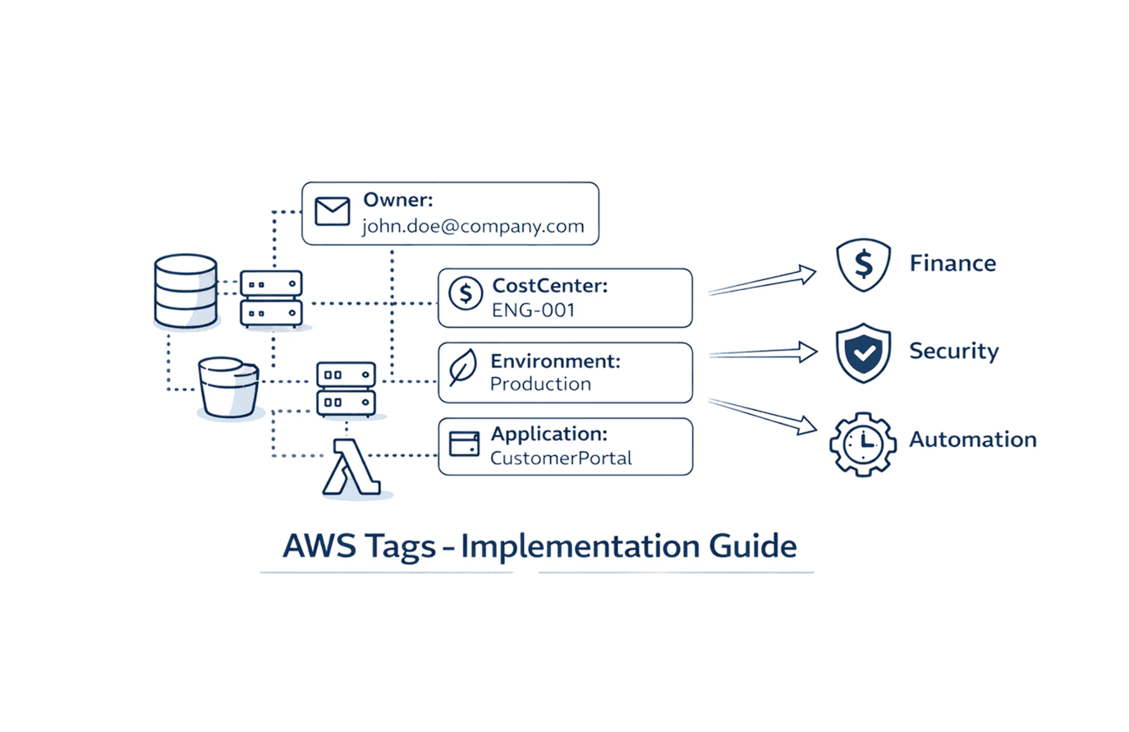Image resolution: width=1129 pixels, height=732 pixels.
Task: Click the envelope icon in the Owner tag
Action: click(333, 212)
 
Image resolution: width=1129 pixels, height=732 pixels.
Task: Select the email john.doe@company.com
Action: click(474, 227)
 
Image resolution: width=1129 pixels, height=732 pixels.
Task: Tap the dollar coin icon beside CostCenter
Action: click(466, 292)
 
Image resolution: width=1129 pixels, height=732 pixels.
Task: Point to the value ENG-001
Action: click(534, 310)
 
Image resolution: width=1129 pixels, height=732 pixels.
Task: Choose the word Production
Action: click(540, 384)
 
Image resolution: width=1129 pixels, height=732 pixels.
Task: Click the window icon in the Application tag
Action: click(465, 444)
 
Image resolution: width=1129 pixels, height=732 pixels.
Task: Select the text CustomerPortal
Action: click(561, 458)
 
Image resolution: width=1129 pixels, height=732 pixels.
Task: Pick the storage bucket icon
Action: click(229, 387)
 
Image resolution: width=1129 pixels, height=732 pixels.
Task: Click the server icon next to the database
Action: click(271, 299)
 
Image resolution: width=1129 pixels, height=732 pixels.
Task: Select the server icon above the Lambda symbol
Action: click(346, 389)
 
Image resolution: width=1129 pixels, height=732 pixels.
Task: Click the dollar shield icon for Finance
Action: click(864, 265)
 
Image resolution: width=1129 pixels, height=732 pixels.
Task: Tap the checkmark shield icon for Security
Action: click(863, 352)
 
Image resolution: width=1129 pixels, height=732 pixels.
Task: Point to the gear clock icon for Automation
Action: click(862, 444)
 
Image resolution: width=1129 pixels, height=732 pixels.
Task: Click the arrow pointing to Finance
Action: click(762, 280)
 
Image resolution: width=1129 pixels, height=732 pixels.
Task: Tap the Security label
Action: click(953, 352)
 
